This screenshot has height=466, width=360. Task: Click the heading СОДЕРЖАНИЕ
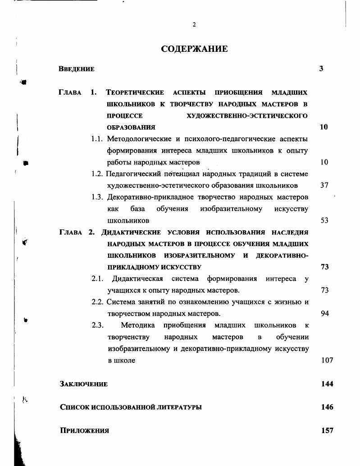click(194, 49)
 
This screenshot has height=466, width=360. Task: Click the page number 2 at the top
click(194, 25)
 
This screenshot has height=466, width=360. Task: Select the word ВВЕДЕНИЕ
click(77, 69)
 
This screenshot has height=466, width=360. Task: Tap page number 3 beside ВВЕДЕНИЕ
click(321, 69)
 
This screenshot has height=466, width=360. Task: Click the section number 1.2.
click(98, 174)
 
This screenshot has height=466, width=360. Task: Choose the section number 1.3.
click(98, 197)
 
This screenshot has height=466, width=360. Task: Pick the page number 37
click(324, 185)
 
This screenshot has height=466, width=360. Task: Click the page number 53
click(324, 220)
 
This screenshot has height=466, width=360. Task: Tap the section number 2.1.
click(98, 279)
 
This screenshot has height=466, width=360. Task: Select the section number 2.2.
click(98, 302)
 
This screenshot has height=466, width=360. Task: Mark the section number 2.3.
click(98, 325)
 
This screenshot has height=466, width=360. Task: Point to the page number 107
click(327, 360)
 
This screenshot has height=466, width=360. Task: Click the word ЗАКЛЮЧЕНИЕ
click(84, 384)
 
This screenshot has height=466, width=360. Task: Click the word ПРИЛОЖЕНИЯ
click(85, 431)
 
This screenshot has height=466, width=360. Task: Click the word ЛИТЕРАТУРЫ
click(178, 407)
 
